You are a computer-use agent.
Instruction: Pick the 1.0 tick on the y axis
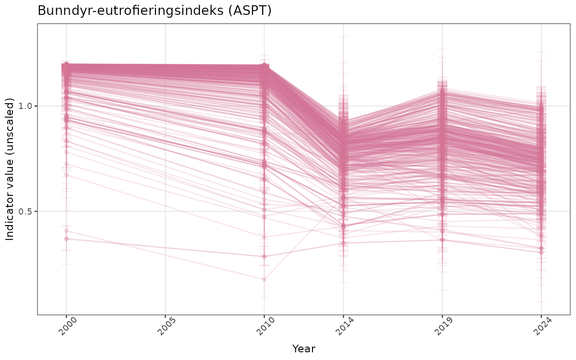point(26,106)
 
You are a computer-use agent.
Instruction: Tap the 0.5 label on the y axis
point(26,212)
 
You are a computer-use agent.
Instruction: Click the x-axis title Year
point(303,349)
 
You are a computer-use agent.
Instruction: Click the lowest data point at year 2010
point(264,279)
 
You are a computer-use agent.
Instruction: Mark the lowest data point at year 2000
point(66,239)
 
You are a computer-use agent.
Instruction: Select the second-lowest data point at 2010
point(264,256)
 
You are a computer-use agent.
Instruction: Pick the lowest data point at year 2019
point(442,240)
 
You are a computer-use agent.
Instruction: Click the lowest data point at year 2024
point(541,252)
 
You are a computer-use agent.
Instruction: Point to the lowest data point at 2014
point(343,243)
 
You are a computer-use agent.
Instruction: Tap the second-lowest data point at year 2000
point(66,231)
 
